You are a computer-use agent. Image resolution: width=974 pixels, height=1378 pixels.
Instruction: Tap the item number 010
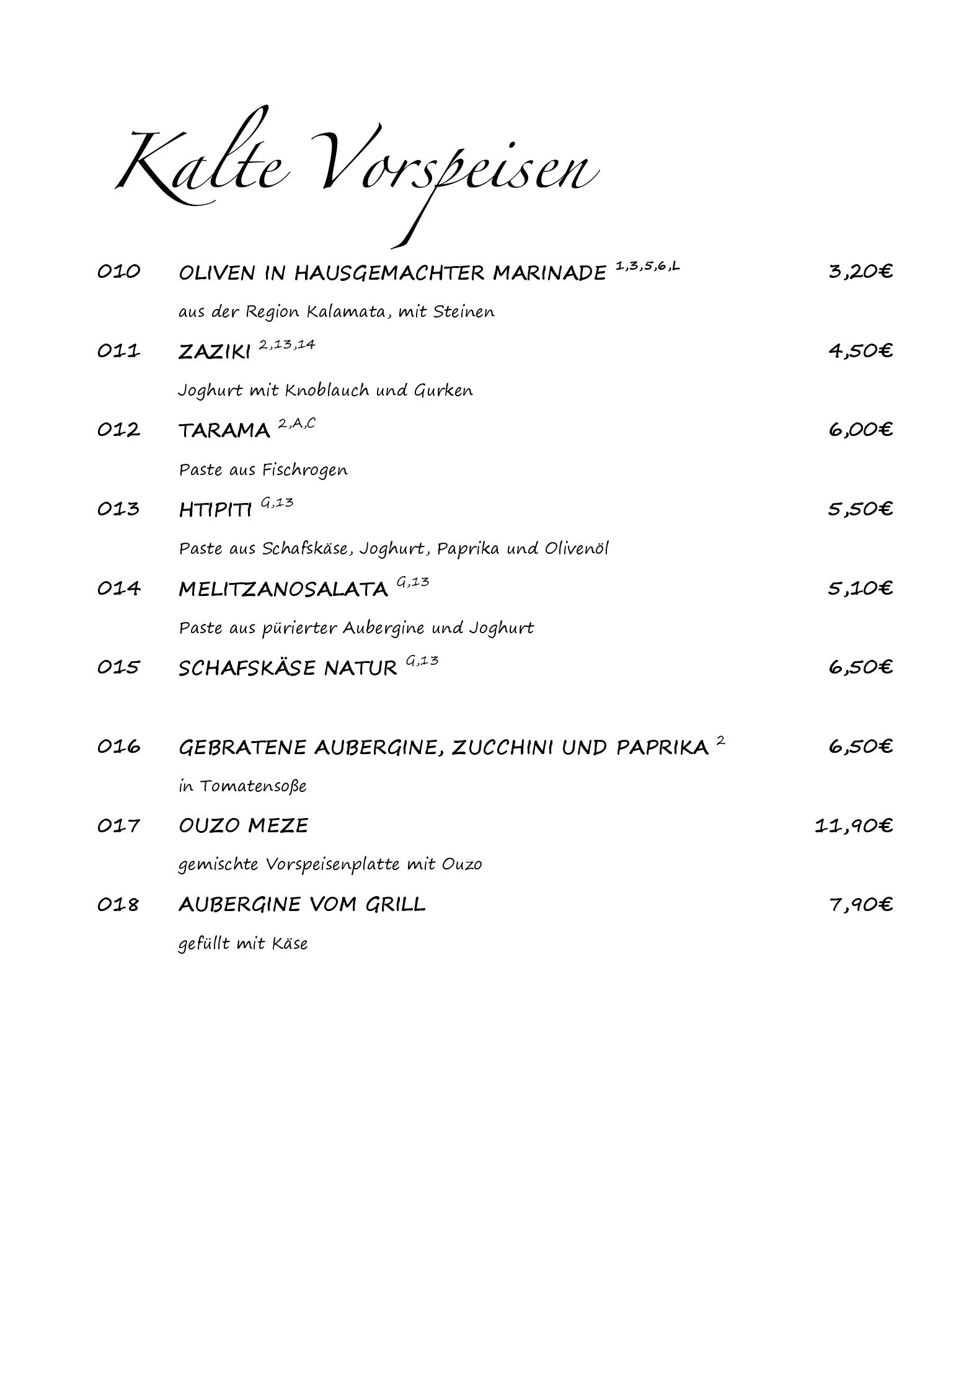tap(118, 272)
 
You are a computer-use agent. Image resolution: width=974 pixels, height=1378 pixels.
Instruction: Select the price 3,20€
tap(860, 272)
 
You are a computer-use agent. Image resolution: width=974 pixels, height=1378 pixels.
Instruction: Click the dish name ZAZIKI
tap(214, 352)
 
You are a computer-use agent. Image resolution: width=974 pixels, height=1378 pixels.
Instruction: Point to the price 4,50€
tap(860, 351)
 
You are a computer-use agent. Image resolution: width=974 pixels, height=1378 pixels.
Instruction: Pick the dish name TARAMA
tap(224, 430)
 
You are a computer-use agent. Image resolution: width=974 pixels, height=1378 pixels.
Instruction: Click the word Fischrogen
tap(304, 470)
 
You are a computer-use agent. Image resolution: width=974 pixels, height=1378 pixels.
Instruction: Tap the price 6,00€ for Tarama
tap(860, 430)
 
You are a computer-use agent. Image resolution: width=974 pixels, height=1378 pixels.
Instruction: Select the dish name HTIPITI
tap(215, 510)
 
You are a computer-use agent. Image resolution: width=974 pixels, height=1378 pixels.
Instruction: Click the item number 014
tap(118, 588)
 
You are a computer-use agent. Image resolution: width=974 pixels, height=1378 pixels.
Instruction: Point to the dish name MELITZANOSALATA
tap(283, 589)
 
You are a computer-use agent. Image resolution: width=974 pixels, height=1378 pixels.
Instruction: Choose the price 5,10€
tap(860, 588)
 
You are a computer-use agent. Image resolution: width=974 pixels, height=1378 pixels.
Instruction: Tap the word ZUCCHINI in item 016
tap(502, 747)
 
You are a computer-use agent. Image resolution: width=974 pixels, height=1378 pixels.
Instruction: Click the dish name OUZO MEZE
tap(243, 826)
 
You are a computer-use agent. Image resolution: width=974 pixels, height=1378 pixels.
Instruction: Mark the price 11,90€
tap(853, 826)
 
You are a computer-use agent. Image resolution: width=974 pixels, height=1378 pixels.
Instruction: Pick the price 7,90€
tap(860, 905)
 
